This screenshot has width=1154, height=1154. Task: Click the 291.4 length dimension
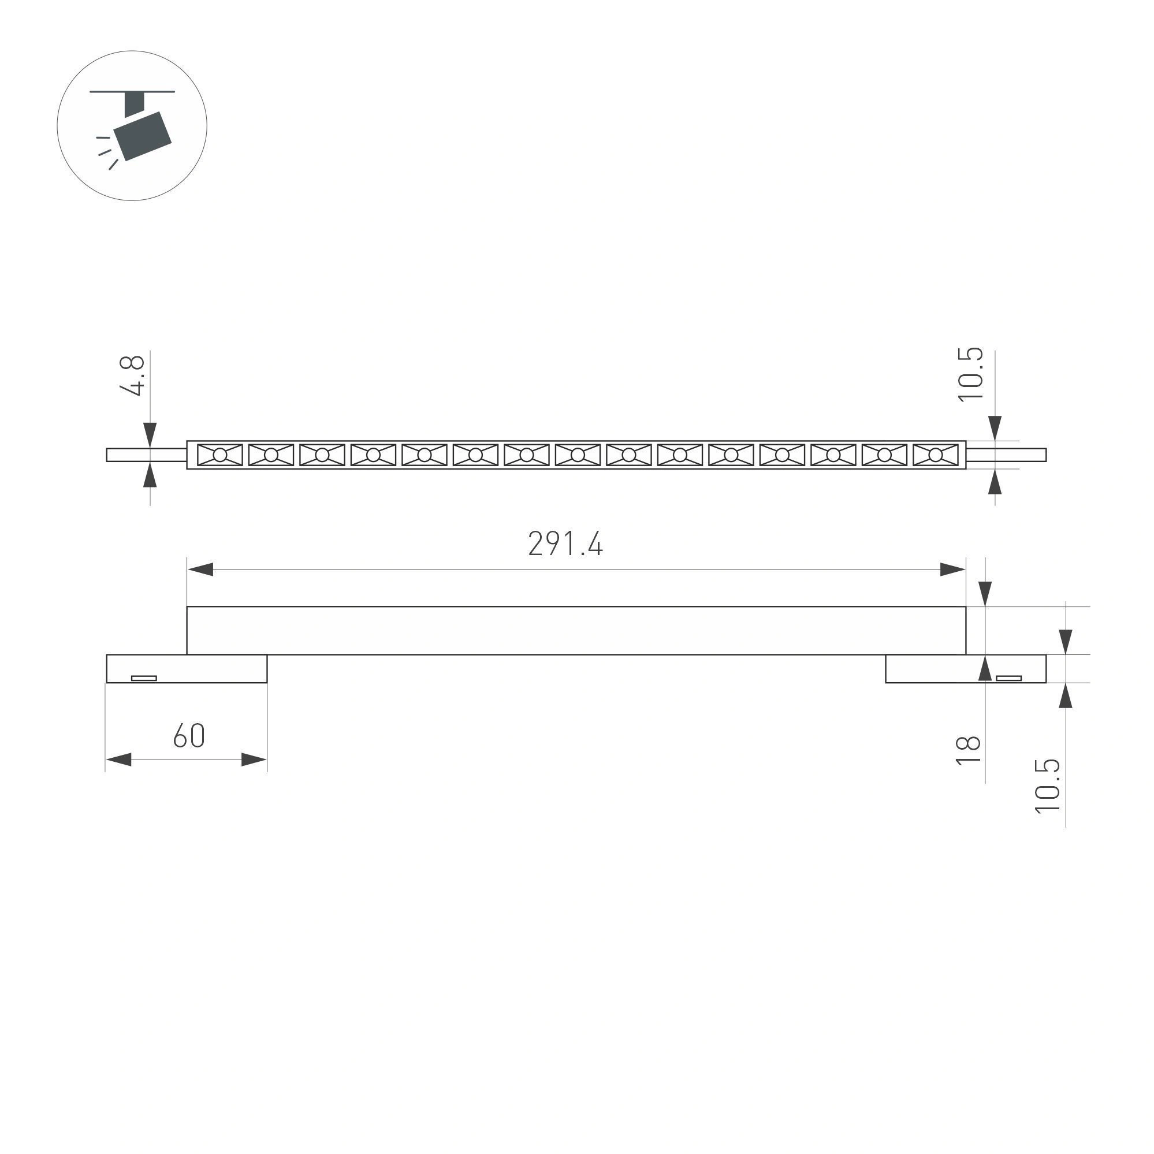pos(565,544)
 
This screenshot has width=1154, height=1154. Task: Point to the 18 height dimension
pos(968,750)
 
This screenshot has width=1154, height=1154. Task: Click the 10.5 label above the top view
pos(970,374)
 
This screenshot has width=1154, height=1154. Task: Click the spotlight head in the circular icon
pos(143,136)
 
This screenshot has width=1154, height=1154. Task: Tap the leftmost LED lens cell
pos(220,455)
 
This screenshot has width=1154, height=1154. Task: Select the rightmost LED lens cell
pos(935,455)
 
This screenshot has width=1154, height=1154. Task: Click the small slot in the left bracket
pos(144,678)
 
